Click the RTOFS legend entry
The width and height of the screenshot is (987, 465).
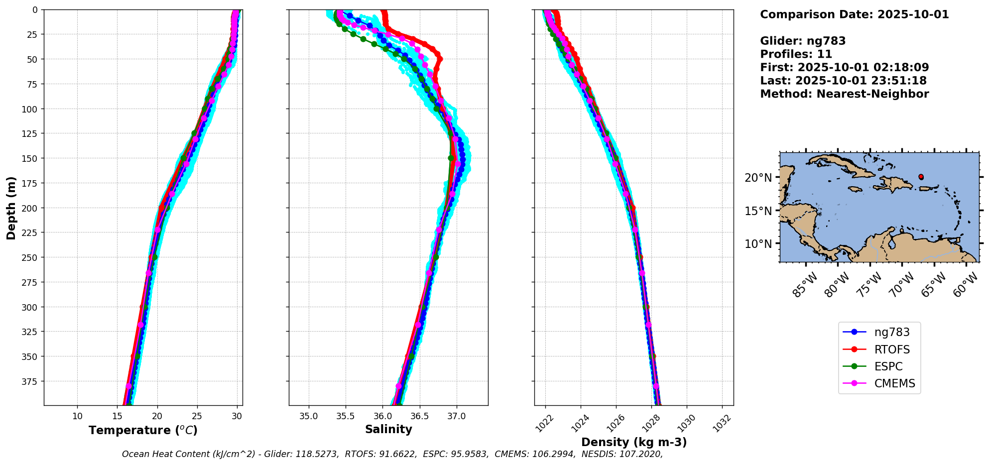coord(891,349)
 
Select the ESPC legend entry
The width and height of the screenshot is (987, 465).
coord(888,366)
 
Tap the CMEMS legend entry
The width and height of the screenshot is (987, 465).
coord(894,383)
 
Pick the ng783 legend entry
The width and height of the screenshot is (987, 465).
coord(891,332)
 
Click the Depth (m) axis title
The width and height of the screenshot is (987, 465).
coord(11,208)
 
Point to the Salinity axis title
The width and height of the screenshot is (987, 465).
coord(388,429)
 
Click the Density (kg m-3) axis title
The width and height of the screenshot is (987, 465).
coord(634,442)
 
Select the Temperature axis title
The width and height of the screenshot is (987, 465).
coord(143,430)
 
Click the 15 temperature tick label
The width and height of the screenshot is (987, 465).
coord(118,416)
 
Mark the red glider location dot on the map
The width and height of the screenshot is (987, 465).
coord(921,177)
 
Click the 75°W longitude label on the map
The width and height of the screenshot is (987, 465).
coord(870,285)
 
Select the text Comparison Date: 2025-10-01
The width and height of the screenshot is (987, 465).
coord(854,14)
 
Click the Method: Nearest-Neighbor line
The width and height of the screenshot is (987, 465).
coord(844,94)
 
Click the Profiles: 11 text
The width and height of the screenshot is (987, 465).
coord(796,54)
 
